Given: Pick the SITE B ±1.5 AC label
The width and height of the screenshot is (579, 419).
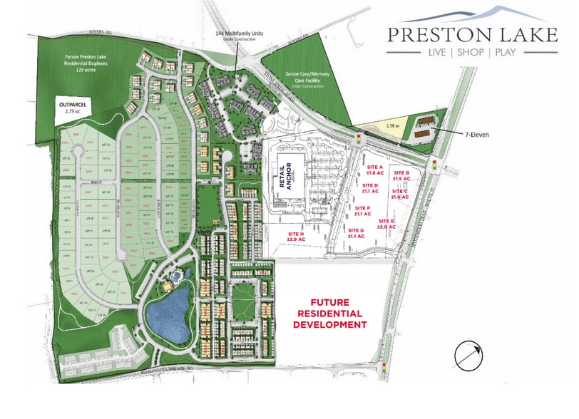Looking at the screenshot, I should [x=401, y=176].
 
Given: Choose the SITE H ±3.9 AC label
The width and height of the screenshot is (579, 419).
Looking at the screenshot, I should [x=296, y=237].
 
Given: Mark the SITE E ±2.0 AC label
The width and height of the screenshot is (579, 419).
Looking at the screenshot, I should [x=386, y=224].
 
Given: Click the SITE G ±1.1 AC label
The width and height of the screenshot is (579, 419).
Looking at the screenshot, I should [x=356, y=233].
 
